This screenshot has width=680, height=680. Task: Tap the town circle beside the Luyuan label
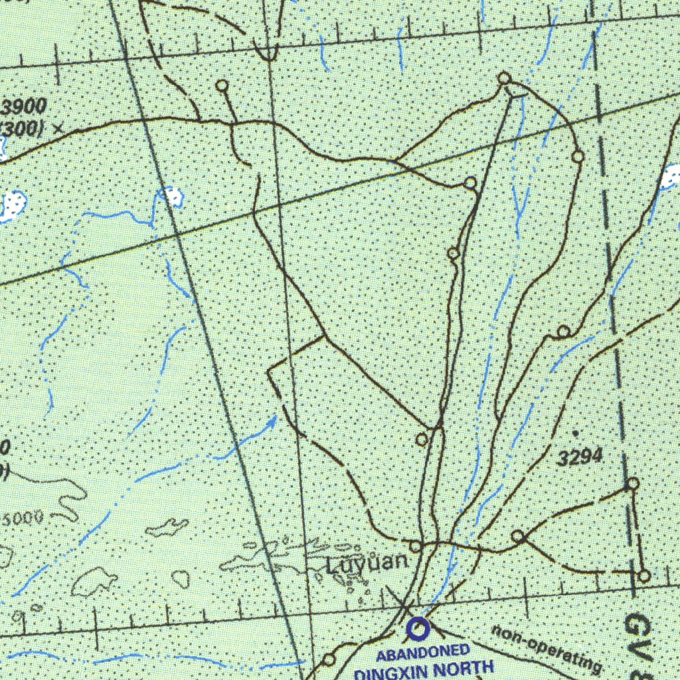415,547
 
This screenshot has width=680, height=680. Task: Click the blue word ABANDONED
423,653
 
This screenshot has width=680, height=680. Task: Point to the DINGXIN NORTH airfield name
425,669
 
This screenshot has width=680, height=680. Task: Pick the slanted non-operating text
547,648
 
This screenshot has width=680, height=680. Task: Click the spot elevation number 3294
580,457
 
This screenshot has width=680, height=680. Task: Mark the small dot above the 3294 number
574,433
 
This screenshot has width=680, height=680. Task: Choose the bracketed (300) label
23,127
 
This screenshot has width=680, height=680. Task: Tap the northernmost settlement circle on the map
504,79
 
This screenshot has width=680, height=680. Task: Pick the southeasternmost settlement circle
643,576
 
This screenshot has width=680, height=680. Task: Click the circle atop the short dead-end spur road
222,86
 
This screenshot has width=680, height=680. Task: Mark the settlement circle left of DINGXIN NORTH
329,659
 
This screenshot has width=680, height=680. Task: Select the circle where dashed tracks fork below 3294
518,537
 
